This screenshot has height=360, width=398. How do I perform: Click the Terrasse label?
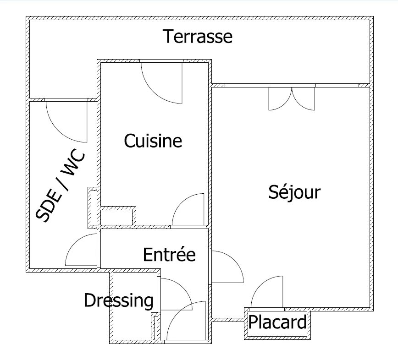(x=198, y=37)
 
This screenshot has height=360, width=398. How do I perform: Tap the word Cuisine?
(x=153, y=141)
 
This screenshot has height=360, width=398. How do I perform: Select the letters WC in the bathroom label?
(x=73, y=163)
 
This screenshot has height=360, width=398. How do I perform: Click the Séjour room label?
(x=294, y=192)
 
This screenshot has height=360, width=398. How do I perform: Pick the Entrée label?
(x=169, y=255)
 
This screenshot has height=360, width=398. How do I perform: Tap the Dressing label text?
(x=119, y=301)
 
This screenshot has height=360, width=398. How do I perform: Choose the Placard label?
(x=277, y=322)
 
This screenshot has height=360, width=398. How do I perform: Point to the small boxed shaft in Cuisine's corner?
(x=116, y=217)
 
